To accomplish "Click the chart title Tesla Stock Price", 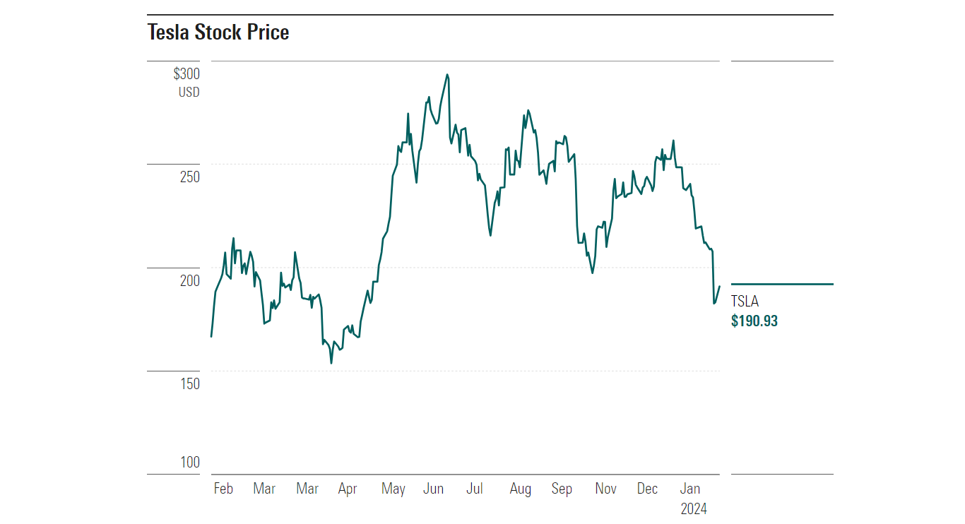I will [x=218, y=32].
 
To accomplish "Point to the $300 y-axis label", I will [x=187, y=74].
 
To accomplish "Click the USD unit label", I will [x=189, y=93].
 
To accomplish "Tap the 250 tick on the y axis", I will [x=190, y=177].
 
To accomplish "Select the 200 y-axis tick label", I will [x=190, y=280].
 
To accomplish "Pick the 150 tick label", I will [x=190, y=383].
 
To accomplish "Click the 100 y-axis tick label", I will [x=190, y=463].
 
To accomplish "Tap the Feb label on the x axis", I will [x=223, y=489].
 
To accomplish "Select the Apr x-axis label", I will [x=348, y=489].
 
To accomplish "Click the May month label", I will [x=393, y=489].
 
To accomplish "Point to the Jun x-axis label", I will [x=433, y=489].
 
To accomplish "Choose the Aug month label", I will [x=520, y=489].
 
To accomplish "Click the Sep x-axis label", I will [x=562, y=489].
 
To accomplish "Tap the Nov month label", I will [x=605, y=489].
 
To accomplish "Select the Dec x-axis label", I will [x=647, y=489].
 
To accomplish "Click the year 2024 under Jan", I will [x=693, y=508].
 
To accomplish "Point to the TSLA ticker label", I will [x=745, y=302].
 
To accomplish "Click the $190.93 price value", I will [x=754, y=321].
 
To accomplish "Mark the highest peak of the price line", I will [x=447, y=74].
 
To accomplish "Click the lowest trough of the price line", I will [x=331, y=363].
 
